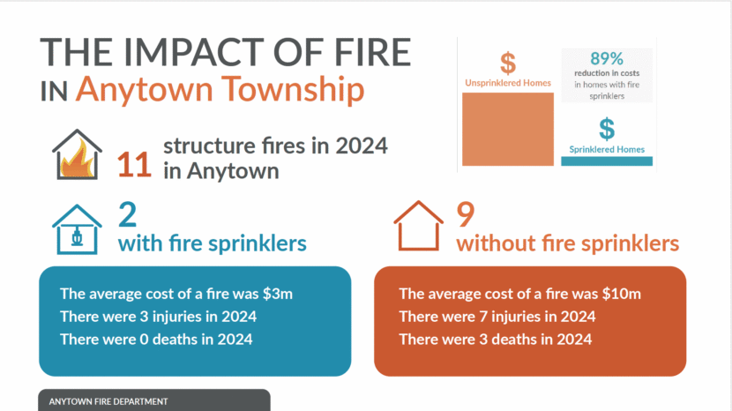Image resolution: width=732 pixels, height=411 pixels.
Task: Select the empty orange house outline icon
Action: (x=418, y=227)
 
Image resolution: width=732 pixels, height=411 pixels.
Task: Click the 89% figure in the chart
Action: (x=607, y=59)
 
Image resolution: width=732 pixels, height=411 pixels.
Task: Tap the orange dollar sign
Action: (x=507, y=64)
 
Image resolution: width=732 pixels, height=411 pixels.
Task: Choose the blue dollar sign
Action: (x=607, y=129)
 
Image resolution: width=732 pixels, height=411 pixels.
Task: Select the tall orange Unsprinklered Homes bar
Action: (x=507, y=129)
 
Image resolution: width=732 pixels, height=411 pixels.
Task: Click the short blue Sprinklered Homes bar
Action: (x=607, y=161)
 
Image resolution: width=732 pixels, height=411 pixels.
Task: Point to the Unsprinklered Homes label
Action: (x=508, y=83)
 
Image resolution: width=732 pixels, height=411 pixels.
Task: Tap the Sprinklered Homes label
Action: (x=607, y=149)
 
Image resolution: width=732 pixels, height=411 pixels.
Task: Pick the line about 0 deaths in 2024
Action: (x=156, y=340)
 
